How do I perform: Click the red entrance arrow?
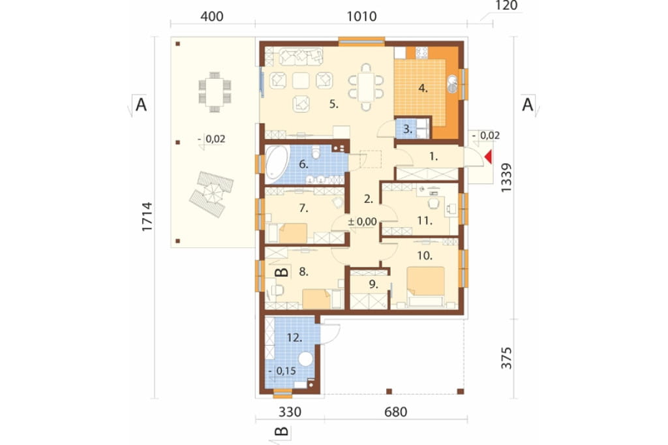click(489, 157)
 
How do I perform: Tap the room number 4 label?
click(423, 89)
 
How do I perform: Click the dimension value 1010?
click(361, 16)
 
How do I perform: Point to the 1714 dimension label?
click(147, 217)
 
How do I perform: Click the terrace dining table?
click(215, 91)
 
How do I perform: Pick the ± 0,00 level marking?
click(362, 222)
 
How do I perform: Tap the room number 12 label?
click(294, 338)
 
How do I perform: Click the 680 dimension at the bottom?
click(396, 412)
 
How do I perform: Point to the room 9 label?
click(374, 284)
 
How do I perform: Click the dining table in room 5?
click(366, 87)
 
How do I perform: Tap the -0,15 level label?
click(282, 371)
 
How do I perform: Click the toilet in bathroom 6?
click(316, 151)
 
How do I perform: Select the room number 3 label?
click(408, 129)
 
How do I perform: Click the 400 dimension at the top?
click(212, 16)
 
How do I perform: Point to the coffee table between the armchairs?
click(301, 80)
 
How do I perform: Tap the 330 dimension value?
click(290, 412)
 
